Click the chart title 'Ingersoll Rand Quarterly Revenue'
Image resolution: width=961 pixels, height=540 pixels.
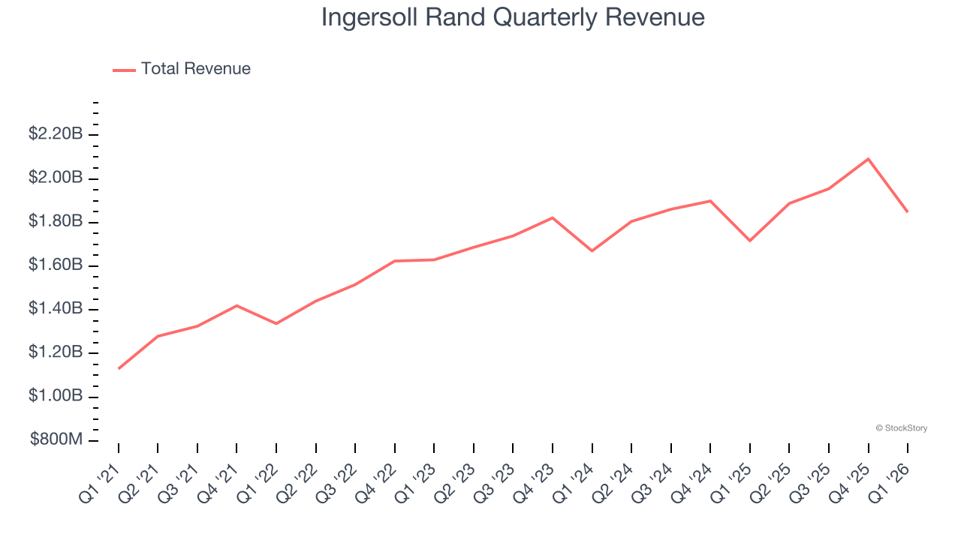click(513, 17)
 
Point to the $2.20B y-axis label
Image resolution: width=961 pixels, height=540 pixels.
click(56, 134)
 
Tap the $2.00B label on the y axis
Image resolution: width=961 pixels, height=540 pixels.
click(56, 178)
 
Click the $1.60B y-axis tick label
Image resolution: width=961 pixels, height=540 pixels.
click(56, 265)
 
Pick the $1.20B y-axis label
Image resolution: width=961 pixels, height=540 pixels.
click(56, 352)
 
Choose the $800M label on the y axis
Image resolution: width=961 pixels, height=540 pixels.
click(56, 439)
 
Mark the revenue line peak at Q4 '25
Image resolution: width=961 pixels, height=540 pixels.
click(868, 159)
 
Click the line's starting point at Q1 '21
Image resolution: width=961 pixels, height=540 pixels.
click(119, 368)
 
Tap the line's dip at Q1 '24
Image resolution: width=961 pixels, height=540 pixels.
click(592, 250)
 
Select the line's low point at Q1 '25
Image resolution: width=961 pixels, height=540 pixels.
click(750, 240)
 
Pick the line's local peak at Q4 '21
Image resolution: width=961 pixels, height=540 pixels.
click(237, 305)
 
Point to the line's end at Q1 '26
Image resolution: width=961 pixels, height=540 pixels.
click(907, 211)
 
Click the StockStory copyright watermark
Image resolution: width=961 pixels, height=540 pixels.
click(902, 428)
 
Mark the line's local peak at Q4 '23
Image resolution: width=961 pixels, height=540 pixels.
click(553, 217)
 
